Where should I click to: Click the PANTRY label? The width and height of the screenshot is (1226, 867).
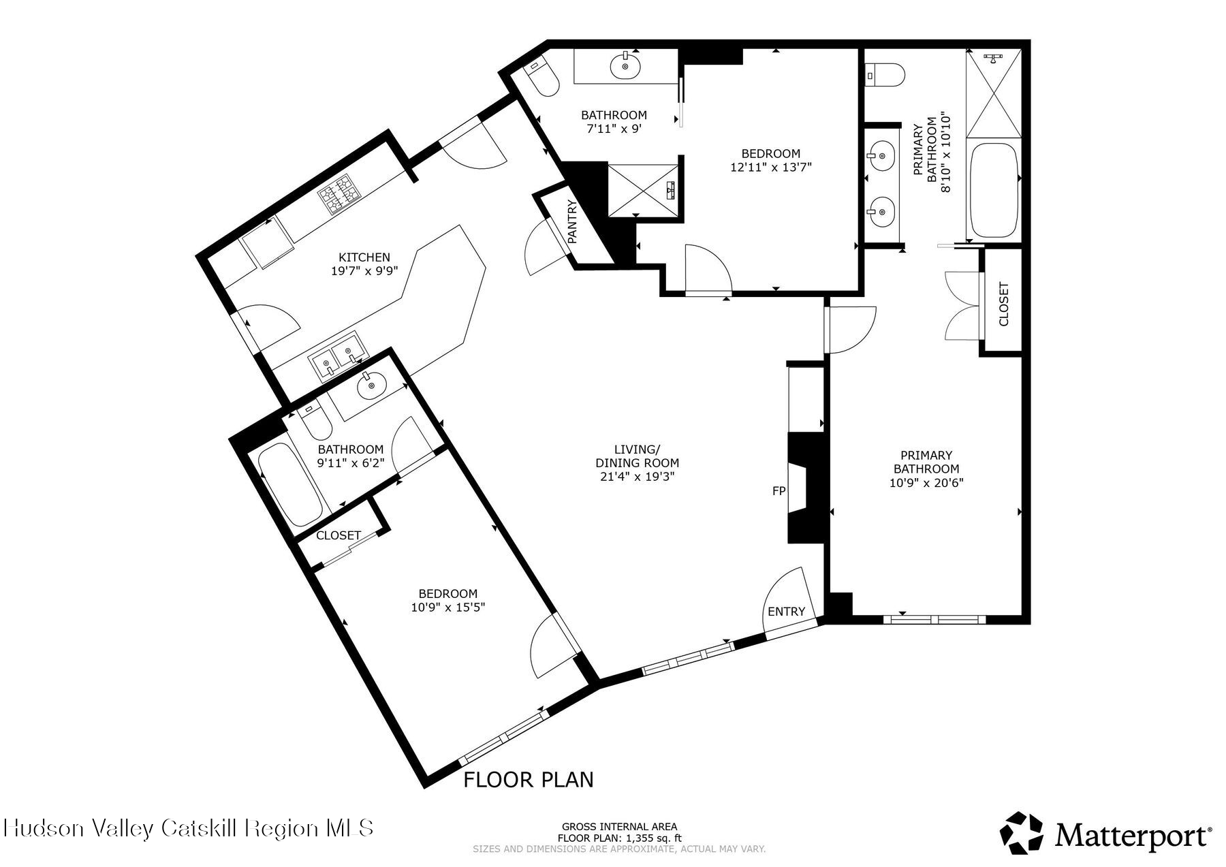572,222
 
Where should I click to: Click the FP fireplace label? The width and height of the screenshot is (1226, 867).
779,490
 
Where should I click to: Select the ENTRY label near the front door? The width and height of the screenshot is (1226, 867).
786,612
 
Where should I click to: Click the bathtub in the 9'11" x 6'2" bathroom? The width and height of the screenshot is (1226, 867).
291,484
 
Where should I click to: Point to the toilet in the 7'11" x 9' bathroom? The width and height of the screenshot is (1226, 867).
544,78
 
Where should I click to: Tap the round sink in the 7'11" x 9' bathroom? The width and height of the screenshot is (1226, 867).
625,67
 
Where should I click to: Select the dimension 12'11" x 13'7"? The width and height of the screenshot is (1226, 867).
771,166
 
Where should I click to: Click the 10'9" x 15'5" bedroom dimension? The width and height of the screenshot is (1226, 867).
447,607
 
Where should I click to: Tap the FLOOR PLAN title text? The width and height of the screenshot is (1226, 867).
529,779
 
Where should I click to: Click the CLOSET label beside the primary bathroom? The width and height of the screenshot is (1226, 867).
1003,304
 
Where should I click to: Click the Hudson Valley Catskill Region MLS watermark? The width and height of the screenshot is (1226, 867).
189,828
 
